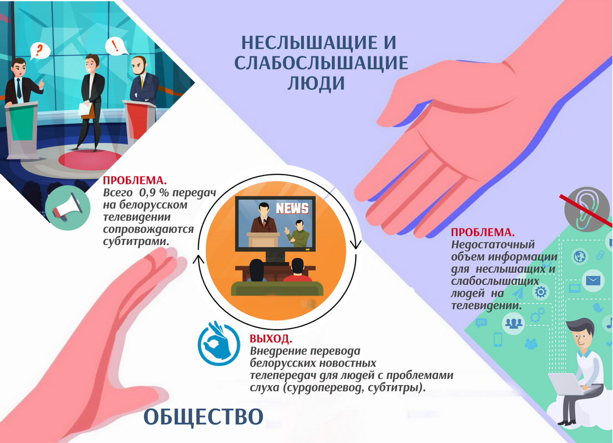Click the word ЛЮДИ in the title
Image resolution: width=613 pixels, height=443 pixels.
click(x=316, y=83)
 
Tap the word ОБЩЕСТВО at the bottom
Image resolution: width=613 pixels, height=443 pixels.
click(x=204, y=417)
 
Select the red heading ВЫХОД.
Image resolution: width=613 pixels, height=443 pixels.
click(x=271, y=339)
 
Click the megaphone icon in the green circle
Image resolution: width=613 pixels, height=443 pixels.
click(x=68, y=207)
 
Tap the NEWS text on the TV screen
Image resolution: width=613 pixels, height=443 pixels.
click(x=292, y=208)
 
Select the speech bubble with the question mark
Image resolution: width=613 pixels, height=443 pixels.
click(x=39, y=51)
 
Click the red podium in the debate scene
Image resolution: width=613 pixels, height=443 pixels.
click(x=140, y=120)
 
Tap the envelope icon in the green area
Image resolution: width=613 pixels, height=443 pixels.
click(x=593, y=280)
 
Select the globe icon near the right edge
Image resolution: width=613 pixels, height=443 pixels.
click(x=580, y=257)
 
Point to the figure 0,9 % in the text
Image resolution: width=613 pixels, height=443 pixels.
click(x=152, y=193)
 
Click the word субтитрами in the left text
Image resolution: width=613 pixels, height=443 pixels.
click(x=136, y=242)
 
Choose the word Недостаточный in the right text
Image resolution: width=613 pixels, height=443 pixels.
click(x=493, y=245)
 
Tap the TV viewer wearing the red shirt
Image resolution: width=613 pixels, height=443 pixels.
click(x=298, y=270)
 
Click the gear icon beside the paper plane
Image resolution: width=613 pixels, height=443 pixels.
click(x=541, y=292)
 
